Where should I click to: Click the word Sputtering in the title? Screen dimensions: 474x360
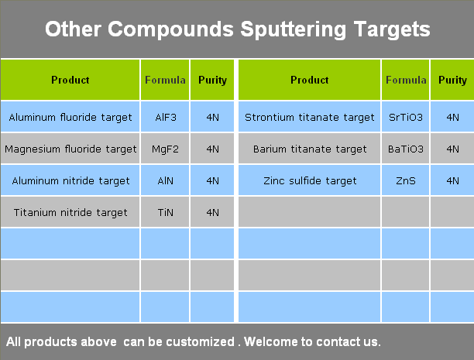tap(293, 29)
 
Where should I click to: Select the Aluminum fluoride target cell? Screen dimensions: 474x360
tap(70, 117)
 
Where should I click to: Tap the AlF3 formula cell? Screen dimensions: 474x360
tap(165, 117)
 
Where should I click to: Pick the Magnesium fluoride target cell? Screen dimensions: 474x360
tap(70, 149)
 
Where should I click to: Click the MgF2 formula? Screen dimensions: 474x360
tap(165, 149)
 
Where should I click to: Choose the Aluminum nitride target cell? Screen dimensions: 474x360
tap(70, 180)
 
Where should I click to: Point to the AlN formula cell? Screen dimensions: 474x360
tap(165, 180)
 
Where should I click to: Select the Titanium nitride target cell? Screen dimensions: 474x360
tap(70, 212)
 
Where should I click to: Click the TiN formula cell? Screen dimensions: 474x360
tap(165, 212)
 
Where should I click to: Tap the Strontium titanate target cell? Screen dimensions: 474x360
tap(310, 117)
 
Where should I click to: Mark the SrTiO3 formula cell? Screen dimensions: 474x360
tap(406, 117)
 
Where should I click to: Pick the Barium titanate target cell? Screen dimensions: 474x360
tap(310, 149)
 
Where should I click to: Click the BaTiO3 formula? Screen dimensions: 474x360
tap(406, 149)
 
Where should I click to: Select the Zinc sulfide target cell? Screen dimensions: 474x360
tap(310, 180)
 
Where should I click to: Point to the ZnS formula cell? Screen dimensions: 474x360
tap(406, 180)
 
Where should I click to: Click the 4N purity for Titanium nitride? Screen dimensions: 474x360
tap(212, 212)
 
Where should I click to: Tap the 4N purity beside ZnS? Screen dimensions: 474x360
tap(452, 180)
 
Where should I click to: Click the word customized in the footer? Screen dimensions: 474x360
tap(200, 341)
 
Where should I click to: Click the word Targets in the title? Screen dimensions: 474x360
tap(392, 29)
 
